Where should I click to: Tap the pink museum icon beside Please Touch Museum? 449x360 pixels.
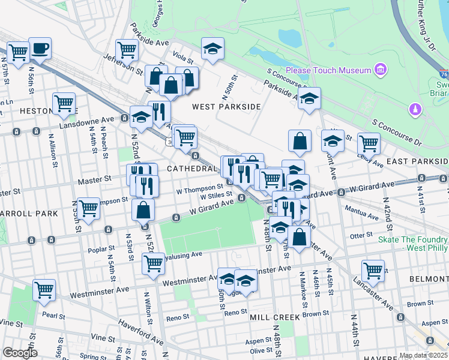point(380,70)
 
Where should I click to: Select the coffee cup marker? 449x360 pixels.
point(40,48)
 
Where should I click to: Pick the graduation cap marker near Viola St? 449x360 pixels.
point(212,49)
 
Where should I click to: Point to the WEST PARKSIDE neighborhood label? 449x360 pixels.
point(226,106)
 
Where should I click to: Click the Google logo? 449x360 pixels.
point(20,353)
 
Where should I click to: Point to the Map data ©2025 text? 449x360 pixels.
point(423,355)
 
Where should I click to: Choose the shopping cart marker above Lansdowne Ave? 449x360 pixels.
point(64,103)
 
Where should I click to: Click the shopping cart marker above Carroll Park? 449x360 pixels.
point(88,209)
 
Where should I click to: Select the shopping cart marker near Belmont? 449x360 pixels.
point(373,271)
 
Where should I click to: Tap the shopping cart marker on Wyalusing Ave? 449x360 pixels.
point(153,263)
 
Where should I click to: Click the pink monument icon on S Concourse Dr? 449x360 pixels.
point(414,109)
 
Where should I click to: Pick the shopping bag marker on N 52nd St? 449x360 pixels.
point(143,210)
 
